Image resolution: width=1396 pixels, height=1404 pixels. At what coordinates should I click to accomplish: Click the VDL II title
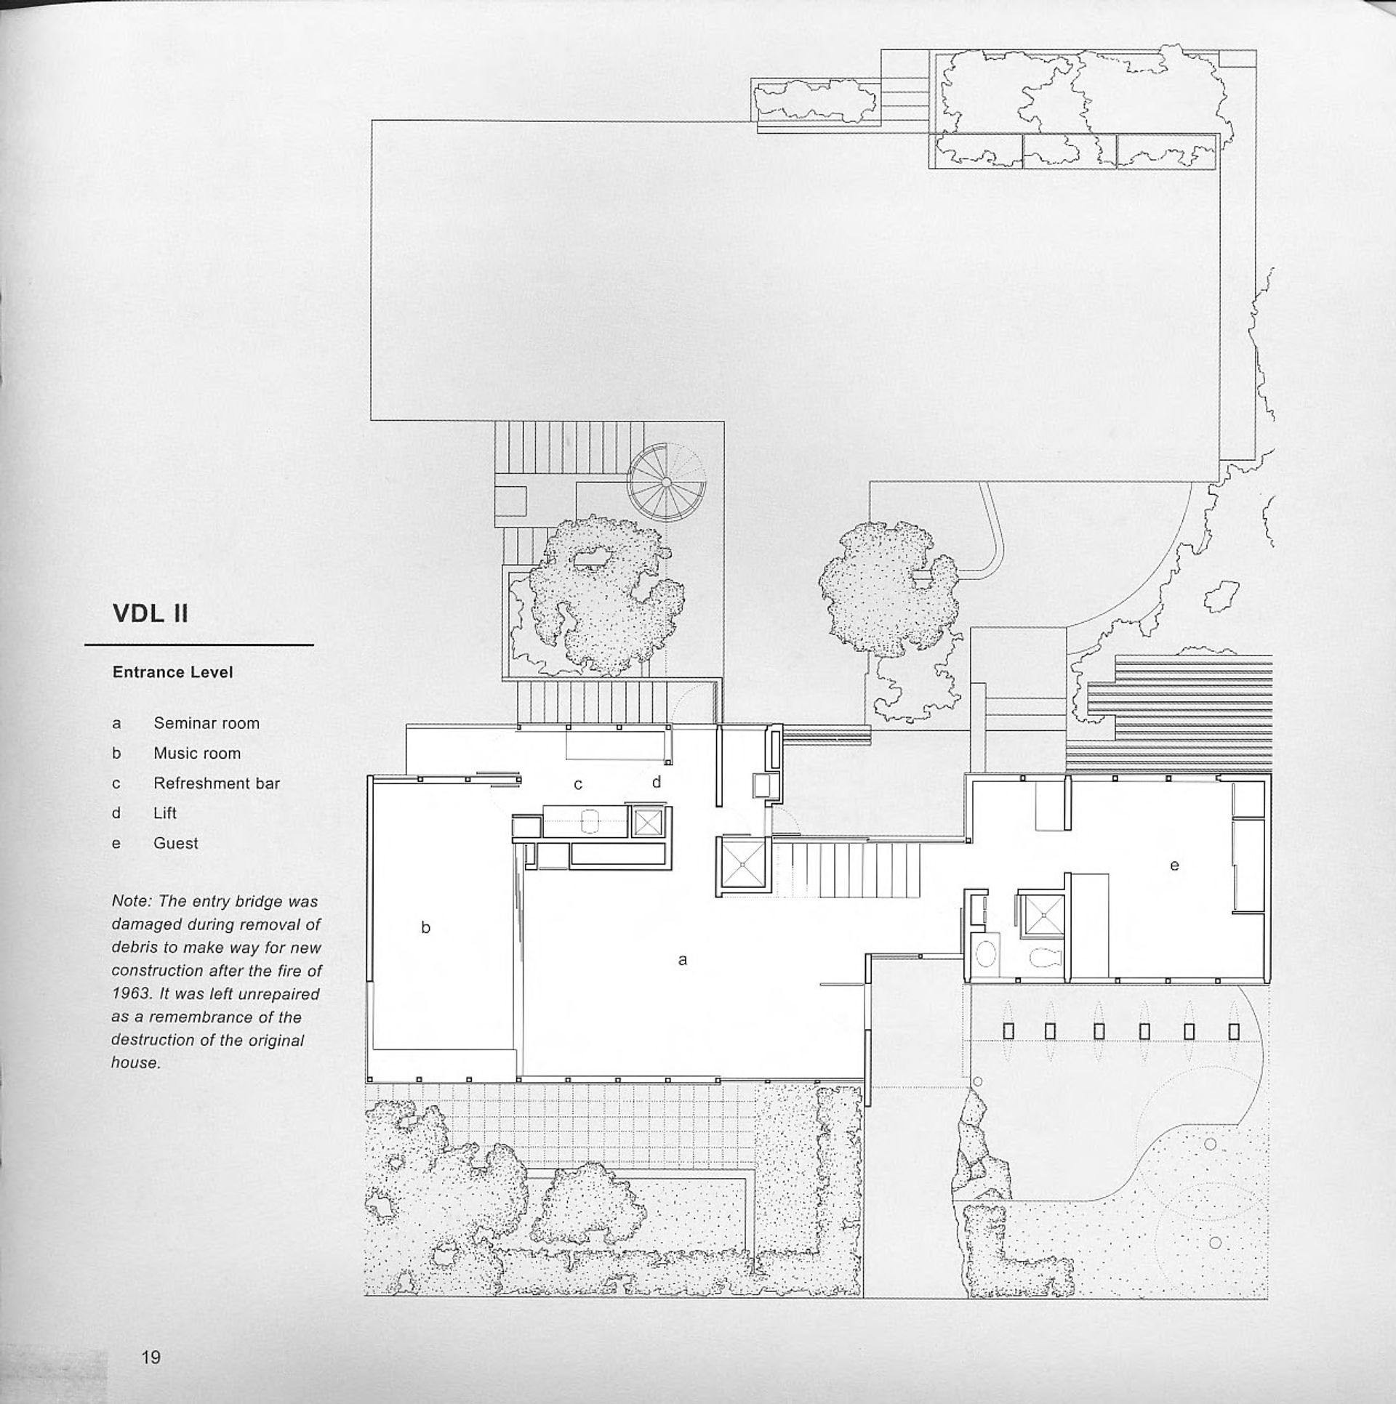[151, 614]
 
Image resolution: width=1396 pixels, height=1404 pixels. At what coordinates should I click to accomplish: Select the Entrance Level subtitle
[172, 672]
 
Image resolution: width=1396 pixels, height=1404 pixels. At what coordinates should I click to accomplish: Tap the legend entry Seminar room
[206, 723]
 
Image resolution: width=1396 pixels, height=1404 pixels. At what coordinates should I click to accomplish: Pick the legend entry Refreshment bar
[216, 783]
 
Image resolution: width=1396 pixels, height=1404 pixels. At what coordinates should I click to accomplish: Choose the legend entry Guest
[175, 843]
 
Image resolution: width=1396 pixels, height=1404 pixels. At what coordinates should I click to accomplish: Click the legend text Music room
[196, 754]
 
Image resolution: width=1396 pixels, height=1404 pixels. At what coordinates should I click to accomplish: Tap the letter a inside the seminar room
[682, 960]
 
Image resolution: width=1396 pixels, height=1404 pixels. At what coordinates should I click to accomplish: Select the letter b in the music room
[426, 927]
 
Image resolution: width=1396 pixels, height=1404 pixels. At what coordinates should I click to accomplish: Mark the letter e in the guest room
[1174, 865]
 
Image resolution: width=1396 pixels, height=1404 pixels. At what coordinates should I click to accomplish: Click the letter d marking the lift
[657, 782]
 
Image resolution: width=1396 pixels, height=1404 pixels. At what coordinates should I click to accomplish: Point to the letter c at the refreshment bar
[578, 785]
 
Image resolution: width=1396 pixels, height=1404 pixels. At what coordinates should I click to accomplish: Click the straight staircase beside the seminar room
[847, 869]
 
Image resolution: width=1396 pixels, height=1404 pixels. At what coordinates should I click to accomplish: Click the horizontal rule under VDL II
[198, 645]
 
